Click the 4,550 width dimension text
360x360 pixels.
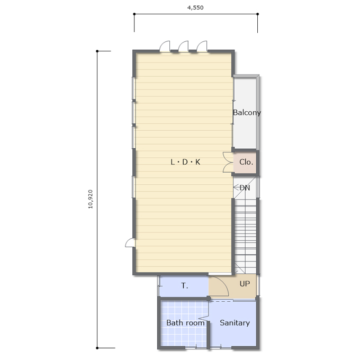coord(195,7)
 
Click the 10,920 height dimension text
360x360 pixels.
coord(91,199)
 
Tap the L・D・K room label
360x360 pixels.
coord(185,162)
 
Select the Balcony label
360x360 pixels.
coord(247,112)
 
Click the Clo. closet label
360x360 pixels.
coord(246,162)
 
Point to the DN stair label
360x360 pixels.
coord(245,188)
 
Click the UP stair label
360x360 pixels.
coord(245,284)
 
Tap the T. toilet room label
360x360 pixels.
coord(185,285)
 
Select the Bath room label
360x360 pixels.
coord(185,323)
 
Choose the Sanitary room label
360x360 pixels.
coord(235,323)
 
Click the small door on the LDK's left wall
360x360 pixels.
coord(129,242)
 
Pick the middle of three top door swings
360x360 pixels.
coord(183,46)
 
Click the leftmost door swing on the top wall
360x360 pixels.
coord(165,46)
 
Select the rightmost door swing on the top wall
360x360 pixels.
coord(202,46)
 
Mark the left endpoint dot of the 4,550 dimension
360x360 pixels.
coord(134,14)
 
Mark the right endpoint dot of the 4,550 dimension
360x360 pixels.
coord(258,14)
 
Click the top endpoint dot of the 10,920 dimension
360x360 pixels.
coord(97,51)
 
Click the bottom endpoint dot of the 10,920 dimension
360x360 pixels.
coord(97,348)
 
